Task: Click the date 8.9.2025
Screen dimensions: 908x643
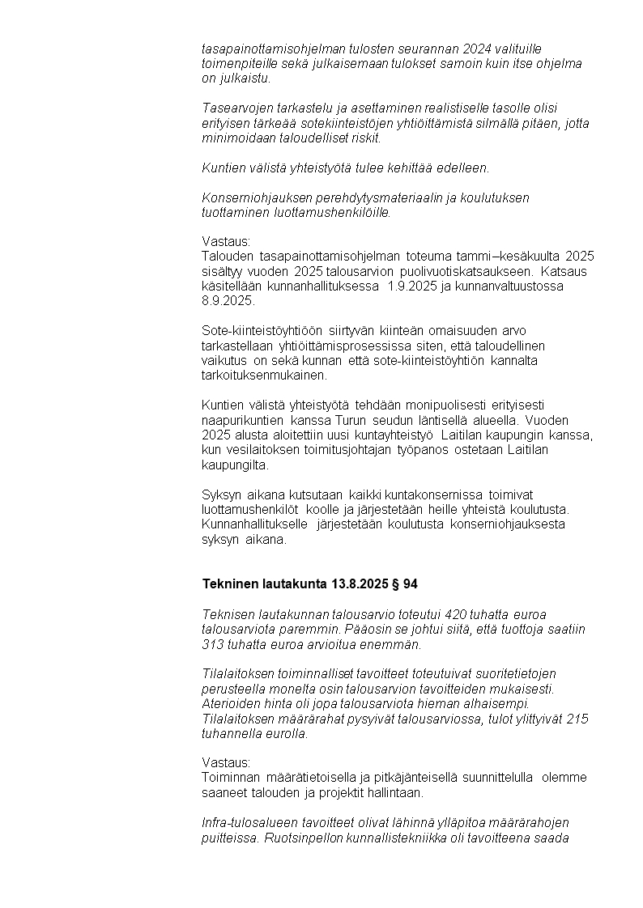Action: [228, 300]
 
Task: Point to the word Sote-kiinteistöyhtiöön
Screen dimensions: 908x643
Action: [262, 330]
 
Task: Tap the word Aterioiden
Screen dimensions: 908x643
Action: [232, 704]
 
